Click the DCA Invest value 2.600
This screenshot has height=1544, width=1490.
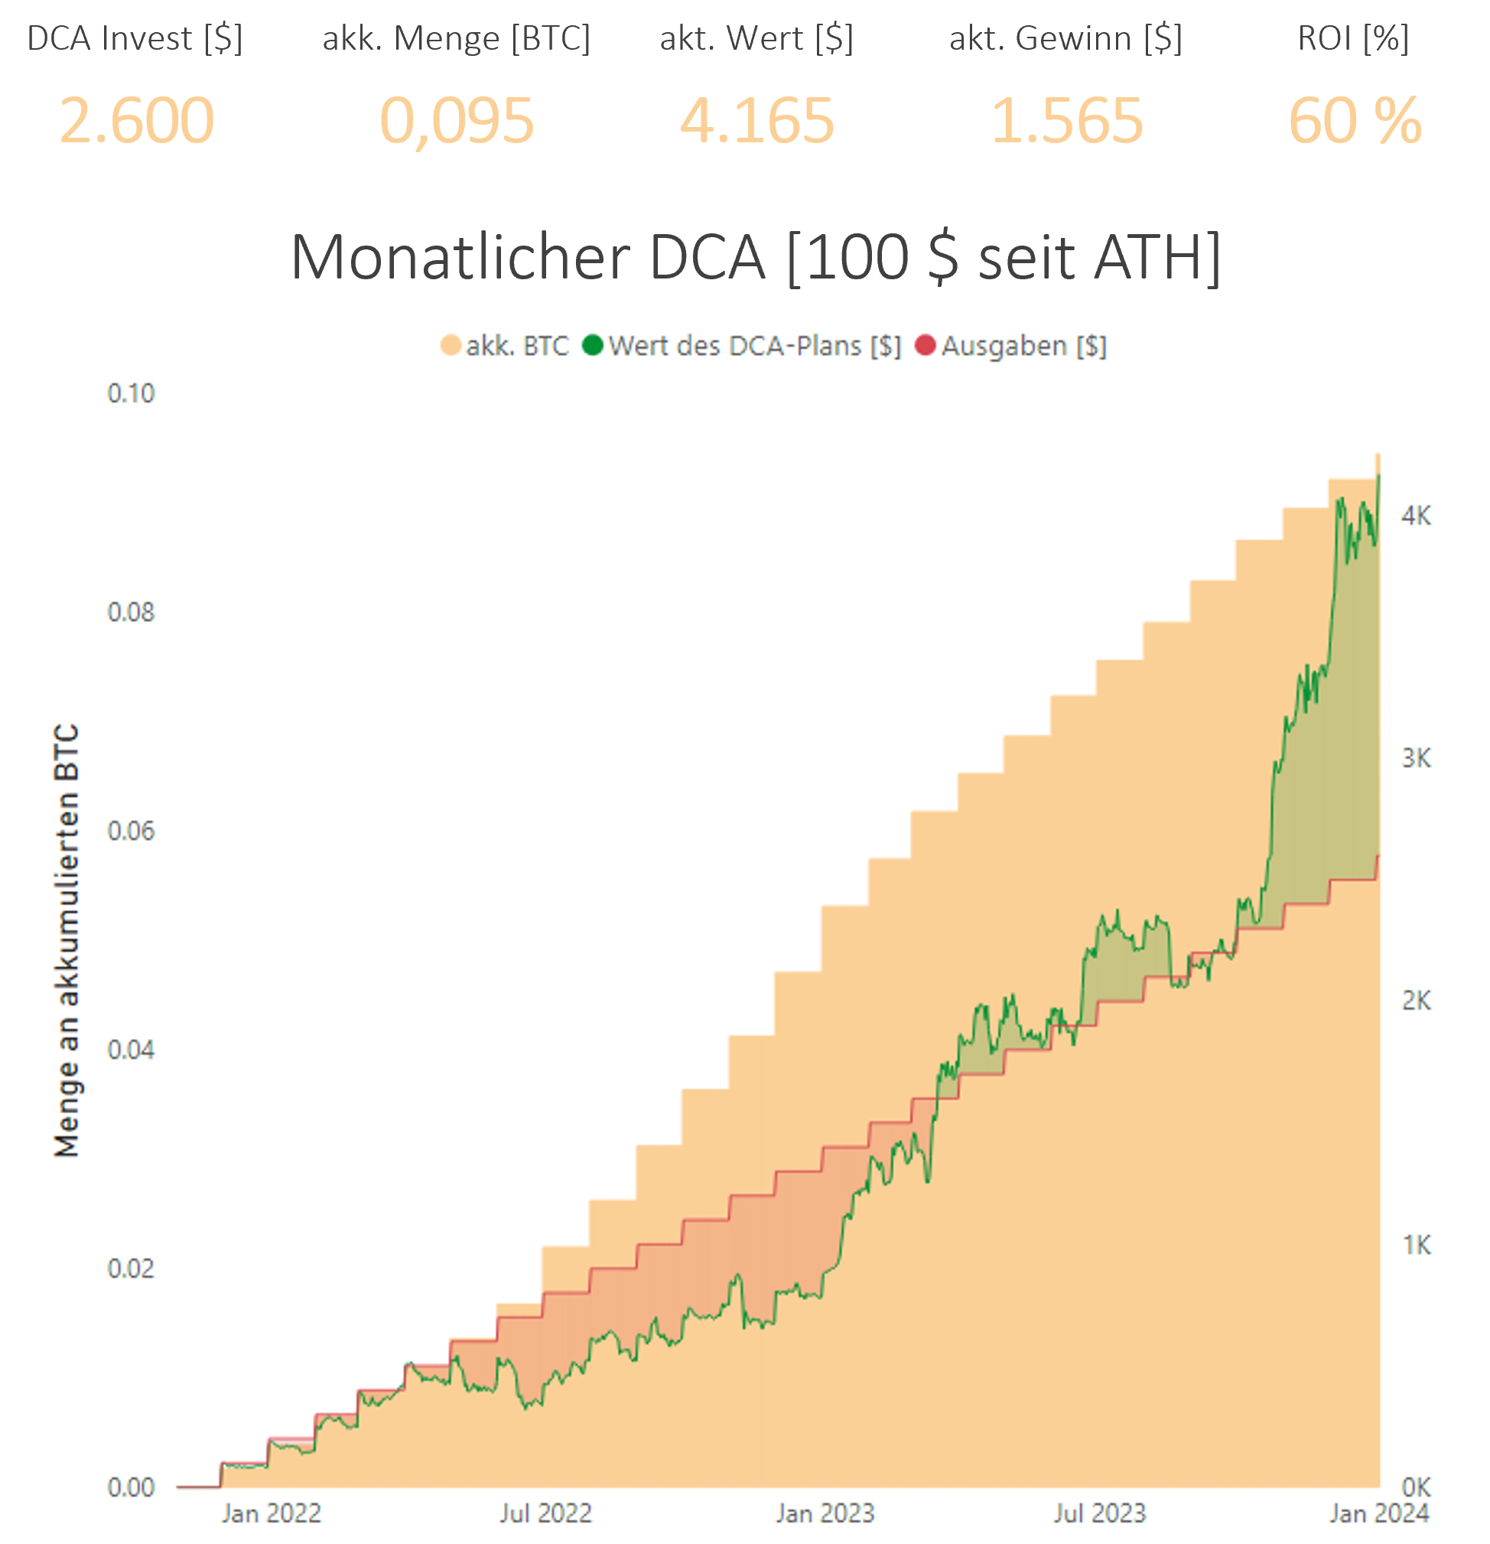136,121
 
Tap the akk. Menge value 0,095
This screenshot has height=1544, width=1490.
457,121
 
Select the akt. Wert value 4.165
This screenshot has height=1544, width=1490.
756,121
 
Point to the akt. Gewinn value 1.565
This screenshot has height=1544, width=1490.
1066,121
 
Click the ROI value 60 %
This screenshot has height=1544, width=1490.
1355,121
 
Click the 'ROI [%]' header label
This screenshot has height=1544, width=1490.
1353,37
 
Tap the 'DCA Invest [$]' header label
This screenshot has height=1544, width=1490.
135,37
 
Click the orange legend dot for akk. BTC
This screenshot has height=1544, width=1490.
451,346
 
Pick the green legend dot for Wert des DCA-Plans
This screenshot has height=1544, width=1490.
593,346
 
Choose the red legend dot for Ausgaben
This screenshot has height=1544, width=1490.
926,346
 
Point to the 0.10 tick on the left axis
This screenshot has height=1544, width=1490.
131,393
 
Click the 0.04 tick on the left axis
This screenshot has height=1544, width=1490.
131,1049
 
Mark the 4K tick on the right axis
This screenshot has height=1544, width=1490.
1416,516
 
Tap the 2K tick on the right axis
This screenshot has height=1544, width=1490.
1416,1001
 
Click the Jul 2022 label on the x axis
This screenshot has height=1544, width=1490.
546,1513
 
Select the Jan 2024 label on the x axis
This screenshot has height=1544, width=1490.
1379,1513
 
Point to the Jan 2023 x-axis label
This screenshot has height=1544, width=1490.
825,1513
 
